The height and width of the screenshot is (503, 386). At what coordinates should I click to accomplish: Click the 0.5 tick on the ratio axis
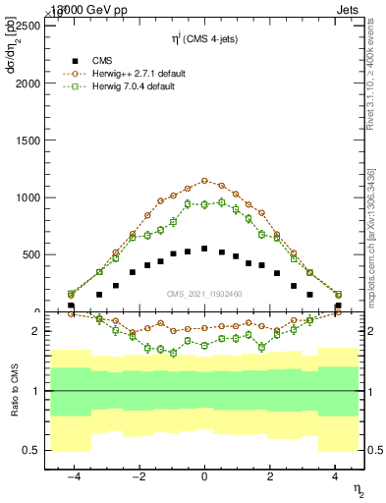tap(29, 450)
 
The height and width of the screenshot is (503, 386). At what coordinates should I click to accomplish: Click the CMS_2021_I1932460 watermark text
tap(204, 294)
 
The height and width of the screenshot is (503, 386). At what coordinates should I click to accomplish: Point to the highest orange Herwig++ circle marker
tap(204, 181)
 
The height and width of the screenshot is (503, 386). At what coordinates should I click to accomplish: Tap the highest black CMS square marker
tap(204, 249)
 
